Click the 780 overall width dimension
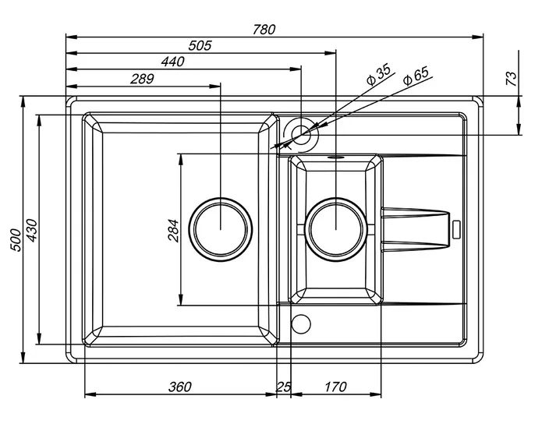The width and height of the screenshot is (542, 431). point(264,30)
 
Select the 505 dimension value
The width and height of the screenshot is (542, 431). point(200,45)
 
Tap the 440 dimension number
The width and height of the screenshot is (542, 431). point(173,62)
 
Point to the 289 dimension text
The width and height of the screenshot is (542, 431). point(142,79)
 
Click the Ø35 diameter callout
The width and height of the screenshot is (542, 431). point(379,74)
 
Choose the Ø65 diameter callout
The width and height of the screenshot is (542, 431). point(416,76)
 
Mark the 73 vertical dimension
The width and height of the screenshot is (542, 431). point(512,79)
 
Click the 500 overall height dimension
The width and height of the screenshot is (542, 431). point(16,240)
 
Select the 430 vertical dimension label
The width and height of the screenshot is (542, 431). point(31,231)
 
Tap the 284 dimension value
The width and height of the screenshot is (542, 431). point(173,231)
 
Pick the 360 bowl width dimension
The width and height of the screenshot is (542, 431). point(179,387)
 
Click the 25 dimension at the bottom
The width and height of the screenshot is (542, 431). point(283,387)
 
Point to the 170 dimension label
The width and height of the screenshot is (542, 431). point(335,387)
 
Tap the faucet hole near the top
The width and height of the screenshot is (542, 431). point(301,135)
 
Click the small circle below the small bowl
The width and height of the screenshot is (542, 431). point(301,324)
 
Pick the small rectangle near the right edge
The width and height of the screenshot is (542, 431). point(456,229)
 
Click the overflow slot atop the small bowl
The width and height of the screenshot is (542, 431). point(335,157)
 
